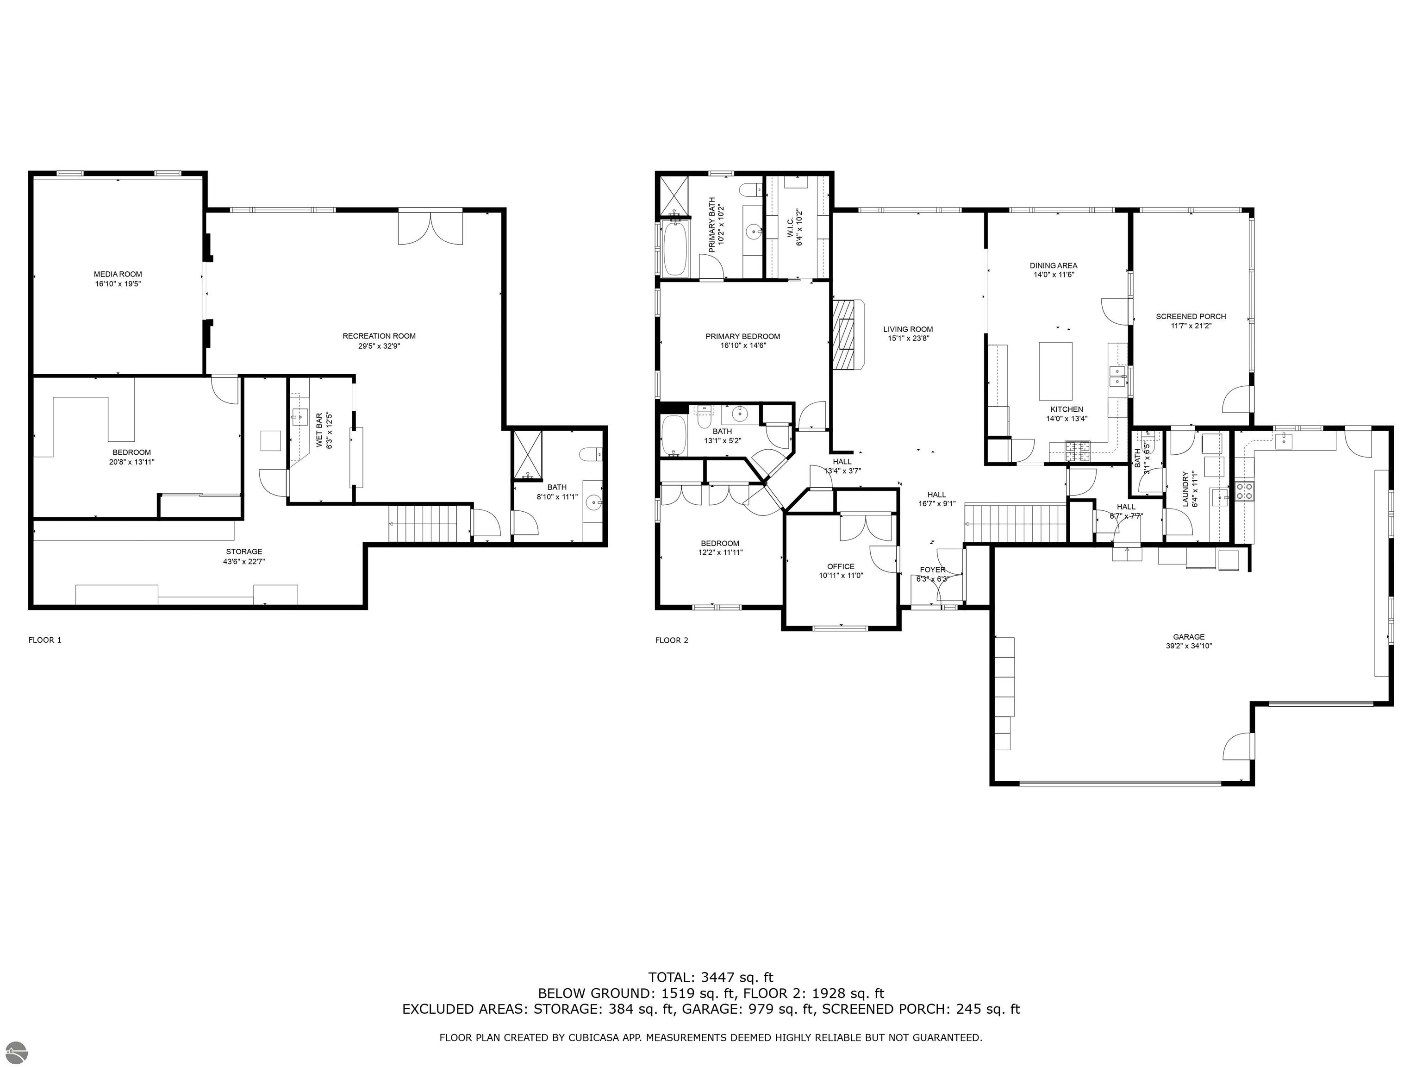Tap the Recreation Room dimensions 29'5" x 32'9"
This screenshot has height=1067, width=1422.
pyautogui.click(x=379, y=346)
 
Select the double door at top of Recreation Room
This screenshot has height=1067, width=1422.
pyautogui.click(x=430, y=226)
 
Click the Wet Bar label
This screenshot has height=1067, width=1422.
pyautogui.click(x=319, y=430)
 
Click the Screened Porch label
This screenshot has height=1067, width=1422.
pyautogui.click(x=1191, y=316)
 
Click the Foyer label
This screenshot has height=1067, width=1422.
pyautogui.click(x=932, y=570)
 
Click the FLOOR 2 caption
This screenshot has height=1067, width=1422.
pyautogui.click(x=671, y=640)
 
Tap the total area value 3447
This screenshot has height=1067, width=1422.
pyautogui.click(x=721, y=978)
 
